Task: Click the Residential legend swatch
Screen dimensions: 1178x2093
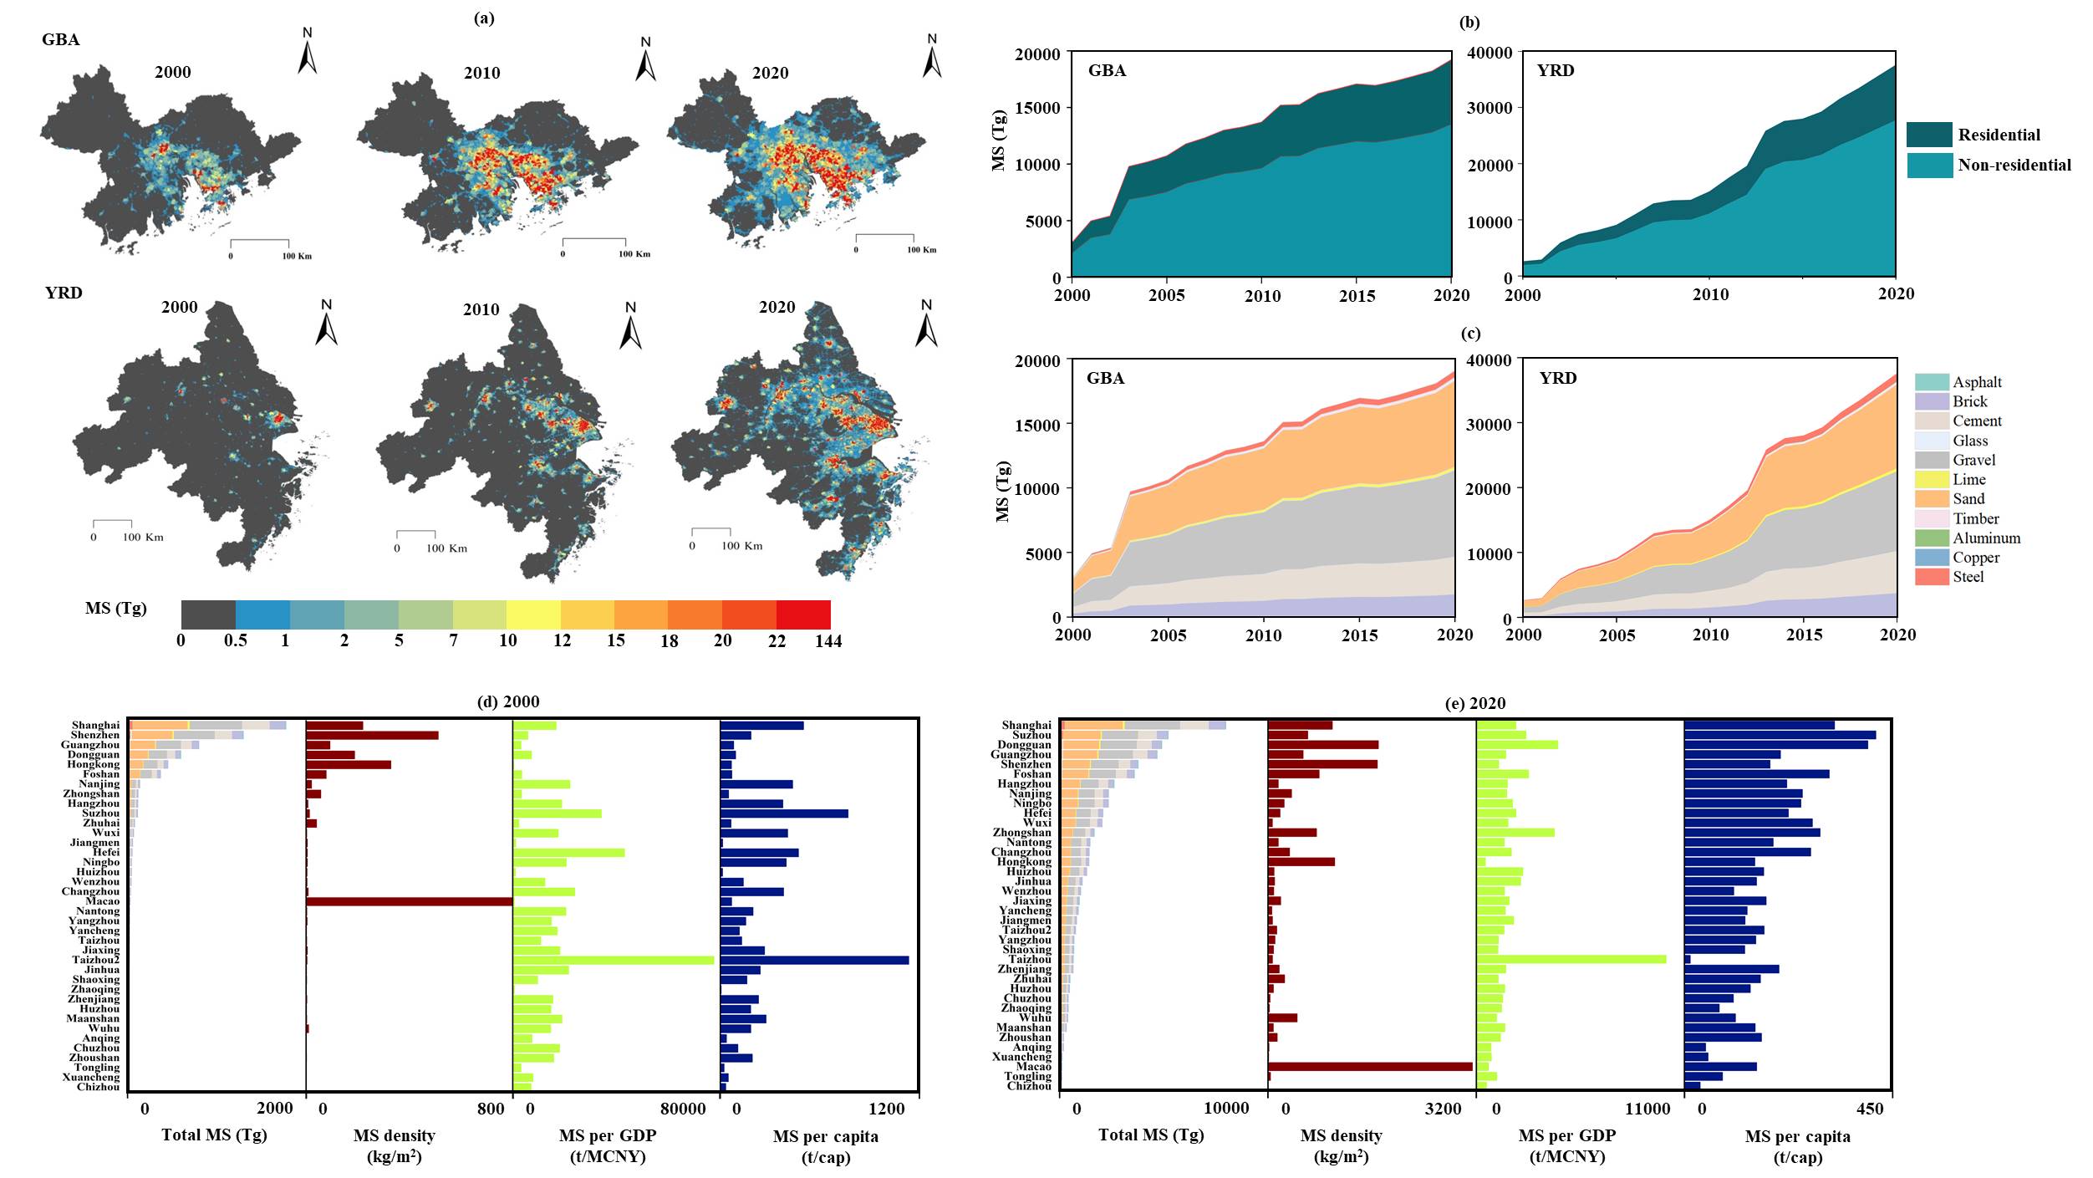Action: [1929, 135]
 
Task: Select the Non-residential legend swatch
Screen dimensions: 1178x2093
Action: [1929, 165]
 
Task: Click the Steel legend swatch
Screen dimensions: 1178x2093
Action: [1932, 577]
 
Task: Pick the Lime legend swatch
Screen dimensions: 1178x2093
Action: [1932, 479]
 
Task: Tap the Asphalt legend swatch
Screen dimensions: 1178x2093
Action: [1932, 382]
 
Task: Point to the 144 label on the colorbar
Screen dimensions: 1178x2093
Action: [828, 641]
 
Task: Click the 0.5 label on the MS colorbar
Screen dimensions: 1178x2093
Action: [237, 641]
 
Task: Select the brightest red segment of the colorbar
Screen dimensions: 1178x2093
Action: [803, 614]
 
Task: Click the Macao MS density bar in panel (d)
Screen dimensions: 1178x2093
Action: [409, 901]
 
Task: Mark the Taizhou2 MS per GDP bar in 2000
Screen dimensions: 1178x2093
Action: [614, 960]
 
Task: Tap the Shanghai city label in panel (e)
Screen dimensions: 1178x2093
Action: [1026, 725]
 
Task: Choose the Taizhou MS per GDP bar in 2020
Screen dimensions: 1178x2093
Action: [1571, 959]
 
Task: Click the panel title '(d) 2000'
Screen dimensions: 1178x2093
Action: [508, 702]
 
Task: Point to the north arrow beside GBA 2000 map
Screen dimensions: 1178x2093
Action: [308, 53]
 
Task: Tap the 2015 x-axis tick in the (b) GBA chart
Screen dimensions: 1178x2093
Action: [1357, 295]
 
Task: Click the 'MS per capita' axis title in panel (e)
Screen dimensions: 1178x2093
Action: [1797, 1136]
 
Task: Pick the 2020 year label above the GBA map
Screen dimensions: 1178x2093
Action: [770, 74]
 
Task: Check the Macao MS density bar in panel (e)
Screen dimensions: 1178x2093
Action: [1370, 1067]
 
